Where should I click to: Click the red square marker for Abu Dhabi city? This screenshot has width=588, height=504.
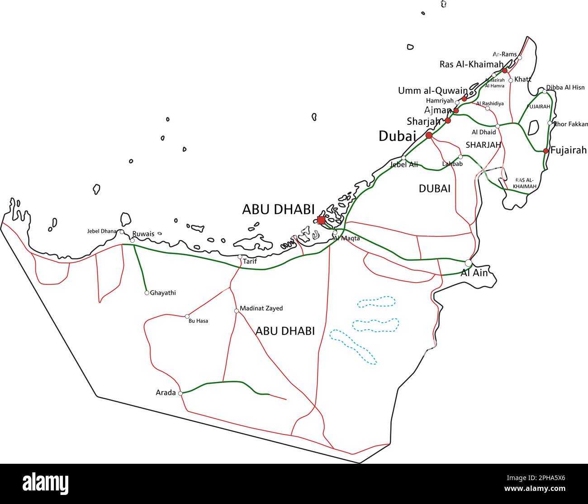[321, 220]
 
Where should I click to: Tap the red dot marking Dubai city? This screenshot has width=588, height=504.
[429, 135]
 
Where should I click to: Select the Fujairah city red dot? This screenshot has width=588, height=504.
[546, 151]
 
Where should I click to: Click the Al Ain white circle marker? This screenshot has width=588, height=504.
[468, 263]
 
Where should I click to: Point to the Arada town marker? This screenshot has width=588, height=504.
[180, 393]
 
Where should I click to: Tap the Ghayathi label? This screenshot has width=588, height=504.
[163, 293]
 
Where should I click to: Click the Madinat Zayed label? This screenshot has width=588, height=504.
[261, 308]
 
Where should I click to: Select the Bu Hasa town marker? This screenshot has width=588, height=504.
[187, 316]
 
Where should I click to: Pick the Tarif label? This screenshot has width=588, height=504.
[250, 261]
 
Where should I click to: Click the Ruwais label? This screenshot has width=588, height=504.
[143, 234]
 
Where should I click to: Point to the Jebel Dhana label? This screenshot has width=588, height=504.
[102, 231]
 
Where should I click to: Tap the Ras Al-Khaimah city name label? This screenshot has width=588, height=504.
[471, 65]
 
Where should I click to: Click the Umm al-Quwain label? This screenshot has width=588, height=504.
[432, 90]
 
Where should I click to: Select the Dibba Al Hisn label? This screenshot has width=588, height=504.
[565, 87]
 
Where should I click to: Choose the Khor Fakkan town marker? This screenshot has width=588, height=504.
[550, 123]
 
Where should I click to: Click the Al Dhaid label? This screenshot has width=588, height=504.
[484, 132]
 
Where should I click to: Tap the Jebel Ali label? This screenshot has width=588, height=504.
[404, 165]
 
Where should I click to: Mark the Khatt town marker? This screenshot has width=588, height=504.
[511, 80]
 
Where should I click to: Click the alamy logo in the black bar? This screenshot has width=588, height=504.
[45, 484]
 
